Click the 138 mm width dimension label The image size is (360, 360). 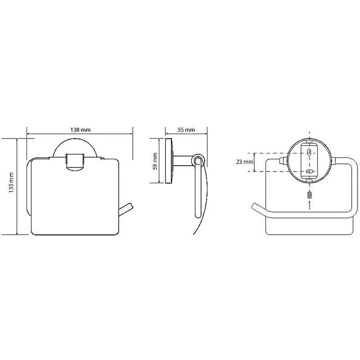[x=81, y=130]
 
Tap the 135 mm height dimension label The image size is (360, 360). [x=11, y=183]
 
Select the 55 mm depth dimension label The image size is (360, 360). [x=186, y=130]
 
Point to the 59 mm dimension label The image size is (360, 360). [x=155, y=161]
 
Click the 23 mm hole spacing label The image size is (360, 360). [x=244, y=162]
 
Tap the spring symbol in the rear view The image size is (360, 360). [x=310, y=195]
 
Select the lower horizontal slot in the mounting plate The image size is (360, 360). [x=310, y=171]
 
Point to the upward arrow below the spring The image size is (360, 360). [x=310, y=205]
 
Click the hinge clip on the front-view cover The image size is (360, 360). [x=75, y=162]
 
